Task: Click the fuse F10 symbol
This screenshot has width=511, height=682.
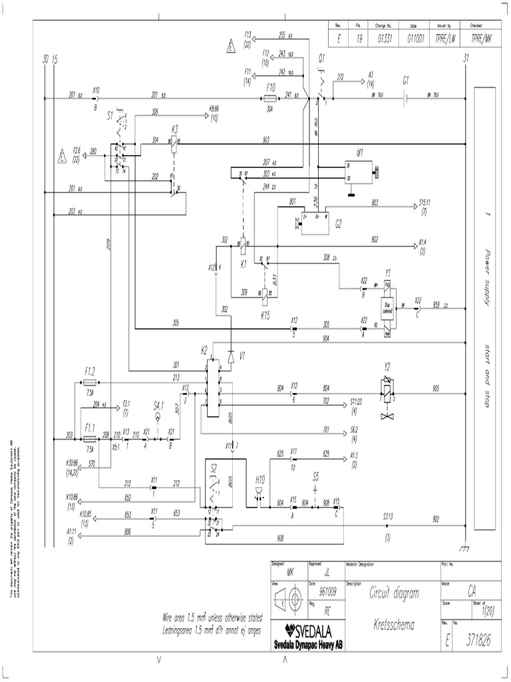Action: click(270, 97)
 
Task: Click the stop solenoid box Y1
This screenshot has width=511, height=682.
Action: click(387, 306)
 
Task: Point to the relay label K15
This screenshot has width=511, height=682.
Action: click(264, 313)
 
